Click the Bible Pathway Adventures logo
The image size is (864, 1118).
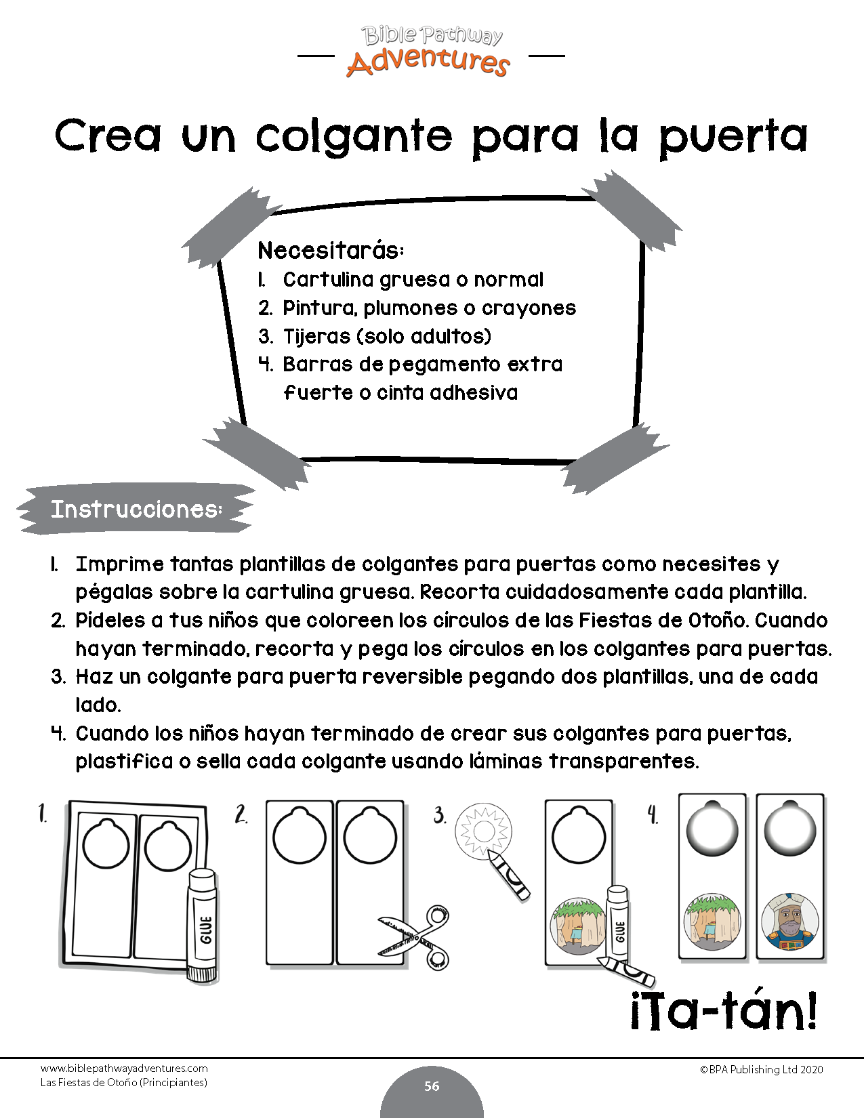pos(432,51)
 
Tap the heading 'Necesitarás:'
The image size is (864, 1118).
pos(331,251)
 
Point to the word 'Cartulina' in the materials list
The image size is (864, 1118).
pos(329,279)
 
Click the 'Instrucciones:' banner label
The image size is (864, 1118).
pos(136,509)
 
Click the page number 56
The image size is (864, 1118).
pos(432,1086)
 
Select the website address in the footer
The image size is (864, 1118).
pos(124,1069)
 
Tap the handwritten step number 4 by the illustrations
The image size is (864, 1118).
pos(653,814)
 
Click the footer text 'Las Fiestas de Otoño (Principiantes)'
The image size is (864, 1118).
pos(124,1083)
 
